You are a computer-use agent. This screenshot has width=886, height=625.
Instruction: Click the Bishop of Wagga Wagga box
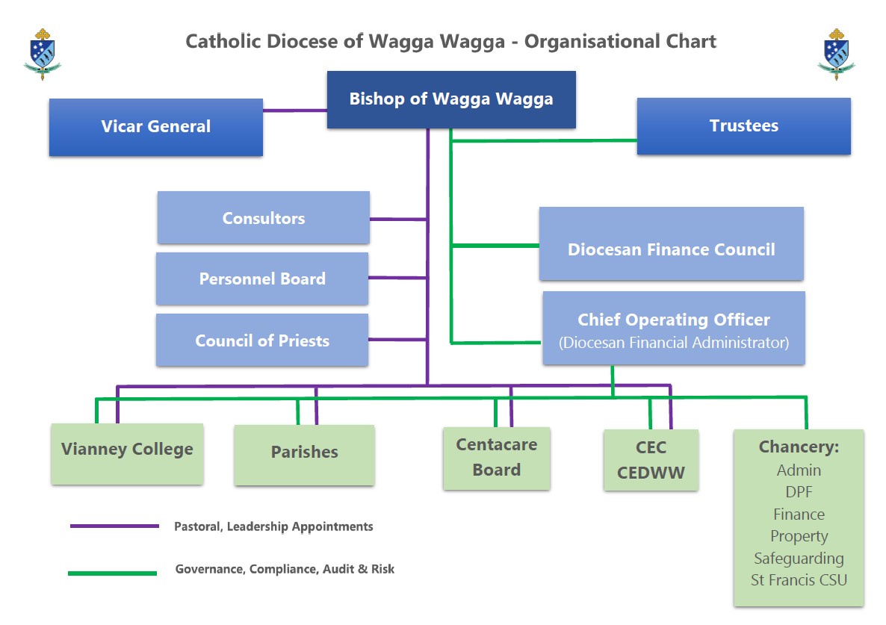[x=451, y=99]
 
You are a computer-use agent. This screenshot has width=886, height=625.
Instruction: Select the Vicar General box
[x=155, y=127]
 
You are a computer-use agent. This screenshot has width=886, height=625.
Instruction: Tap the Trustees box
[x=743, y=126]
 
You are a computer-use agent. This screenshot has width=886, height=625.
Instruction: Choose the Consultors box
[x=263, y=218]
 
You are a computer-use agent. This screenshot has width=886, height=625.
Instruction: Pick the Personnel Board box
[x=262, y=279]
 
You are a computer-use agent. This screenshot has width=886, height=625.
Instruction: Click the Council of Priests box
[x=262, y=341]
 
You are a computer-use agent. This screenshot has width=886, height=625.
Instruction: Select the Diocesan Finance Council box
[x=671, y=249]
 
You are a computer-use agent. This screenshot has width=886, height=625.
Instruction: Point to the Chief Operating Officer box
[x=673, y=329]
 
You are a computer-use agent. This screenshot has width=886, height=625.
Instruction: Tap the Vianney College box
[x=127, y=450]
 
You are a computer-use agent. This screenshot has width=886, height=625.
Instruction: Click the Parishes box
[x=304, y=453]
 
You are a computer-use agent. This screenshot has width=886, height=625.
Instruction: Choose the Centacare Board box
[x=496, y=457]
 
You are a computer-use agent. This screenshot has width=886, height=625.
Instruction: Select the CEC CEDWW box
[x=651, y=460]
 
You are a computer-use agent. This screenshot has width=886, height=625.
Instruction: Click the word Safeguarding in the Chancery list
[x=799, y=558]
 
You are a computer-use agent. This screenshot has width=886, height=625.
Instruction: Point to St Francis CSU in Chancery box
[x=799, y=579]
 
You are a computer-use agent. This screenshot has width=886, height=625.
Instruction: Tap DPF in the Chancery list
[x=799, y=492]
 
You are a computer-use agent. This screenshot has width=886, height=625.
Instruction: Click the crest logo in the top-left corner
[x=43, y=54]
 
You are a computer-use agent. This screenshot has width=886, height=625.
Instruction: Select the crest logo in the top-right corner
[x=837, y=54]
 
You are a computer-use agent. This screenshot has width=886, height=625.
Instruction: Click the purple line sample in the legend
[x=114, y=526]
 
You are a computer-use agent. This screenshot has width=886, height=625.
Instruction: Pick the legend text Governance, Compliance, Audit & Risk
[x=285, y=569]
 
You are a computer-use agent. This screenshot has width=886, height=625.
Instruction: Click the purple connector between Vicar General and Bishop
[x=294, y=111]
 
